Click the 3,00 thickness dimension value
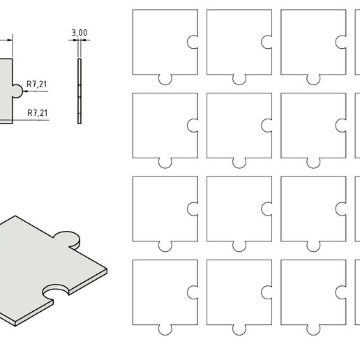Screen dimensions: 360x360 tap(79, 32)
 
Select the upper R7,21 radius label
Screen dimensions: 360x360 tap(36, 85)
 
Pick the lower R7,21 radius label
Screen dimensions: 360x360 tap(36, 112)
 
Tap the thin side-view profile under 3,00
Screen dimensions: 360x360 tap(80, 91)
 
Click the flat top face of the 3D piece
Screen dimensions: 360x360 tap(42, 269)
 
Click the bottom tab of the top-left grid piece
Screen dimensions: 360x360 tap(165, 79)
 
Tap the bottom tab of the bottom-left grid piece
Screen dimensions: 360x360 tap(165, 329)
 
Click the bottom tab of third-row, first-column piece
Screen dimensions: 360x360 tap(165, 246)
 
